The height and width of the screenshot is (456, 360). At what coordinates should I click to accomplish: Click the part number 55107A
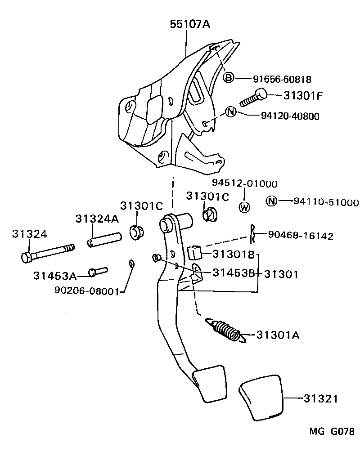coord(190,25)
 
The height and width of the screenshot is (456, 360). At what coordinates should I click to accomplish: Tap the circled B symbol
coord(229,78)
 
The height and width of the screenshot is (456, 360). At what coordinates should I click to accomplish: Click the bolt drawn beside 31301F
coord(253,98)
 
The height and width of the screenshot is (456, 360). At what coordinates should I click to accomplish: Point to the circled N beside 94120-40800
coord(230,112)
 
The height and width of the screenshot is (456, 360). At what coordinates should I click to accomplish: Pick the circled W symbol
coord(244,207)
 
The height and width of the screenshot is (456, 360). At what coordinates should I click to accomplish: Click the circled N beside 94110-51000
coord(271,201)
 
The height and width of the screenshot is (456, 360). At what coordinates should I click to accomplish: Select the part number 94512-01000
coord(245,183)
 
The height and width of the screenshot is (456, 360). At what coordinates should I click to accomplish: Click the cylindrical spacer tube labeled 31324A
coord(104,239)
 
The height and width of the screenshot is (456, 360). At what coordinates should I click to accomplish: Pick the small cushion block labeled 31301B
coord(194,253)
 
